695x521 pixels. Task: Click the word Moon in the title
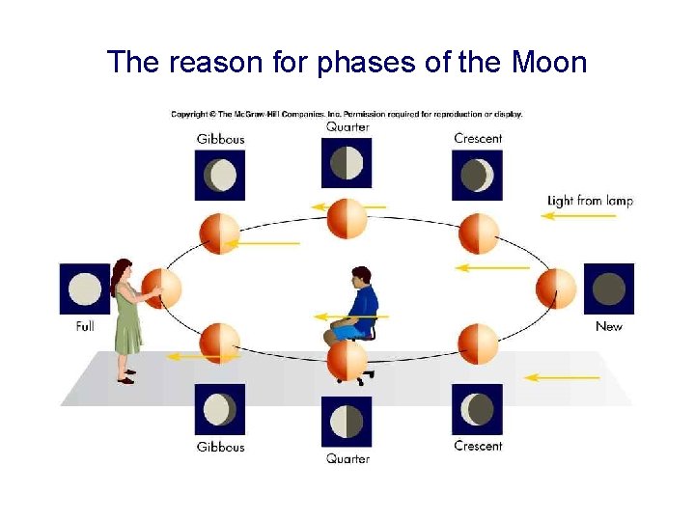tap(548, 63)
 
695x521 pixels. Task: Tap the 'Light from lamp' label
tap(590, 201)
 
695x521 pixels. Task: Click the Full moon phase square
tap(85, 289)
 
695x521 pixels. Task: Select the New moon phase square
tap(608, 289)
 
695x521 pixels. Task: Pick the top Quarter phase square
tap(347, 162)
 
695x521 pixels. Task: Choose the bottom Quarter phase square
tap(347, 422)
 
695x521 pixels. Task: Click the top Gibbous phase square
tap(220, 175)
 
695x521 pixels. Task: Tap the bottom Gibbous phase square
tap(220, 410)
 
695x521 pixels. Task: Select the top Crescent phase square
tap(477, 175)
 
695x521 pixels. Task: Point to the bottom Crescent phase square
tap(477, 410)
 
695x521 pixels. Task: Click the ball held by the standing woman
tap(162, 288)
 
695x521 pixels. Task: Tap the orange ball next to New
tap(556, 288)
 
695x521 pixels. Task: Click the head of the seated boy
tap(361, 277)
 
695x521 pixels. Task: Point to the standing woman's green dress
tap(126, 323)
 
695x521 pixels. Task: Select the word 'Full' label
tap(85, 327)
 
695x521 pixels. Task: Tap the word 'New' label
tap(609, 327)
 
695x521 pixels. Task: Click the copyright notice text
tap(347, 114)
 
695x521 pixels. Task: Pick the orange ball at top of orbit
tap(347, 219)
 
